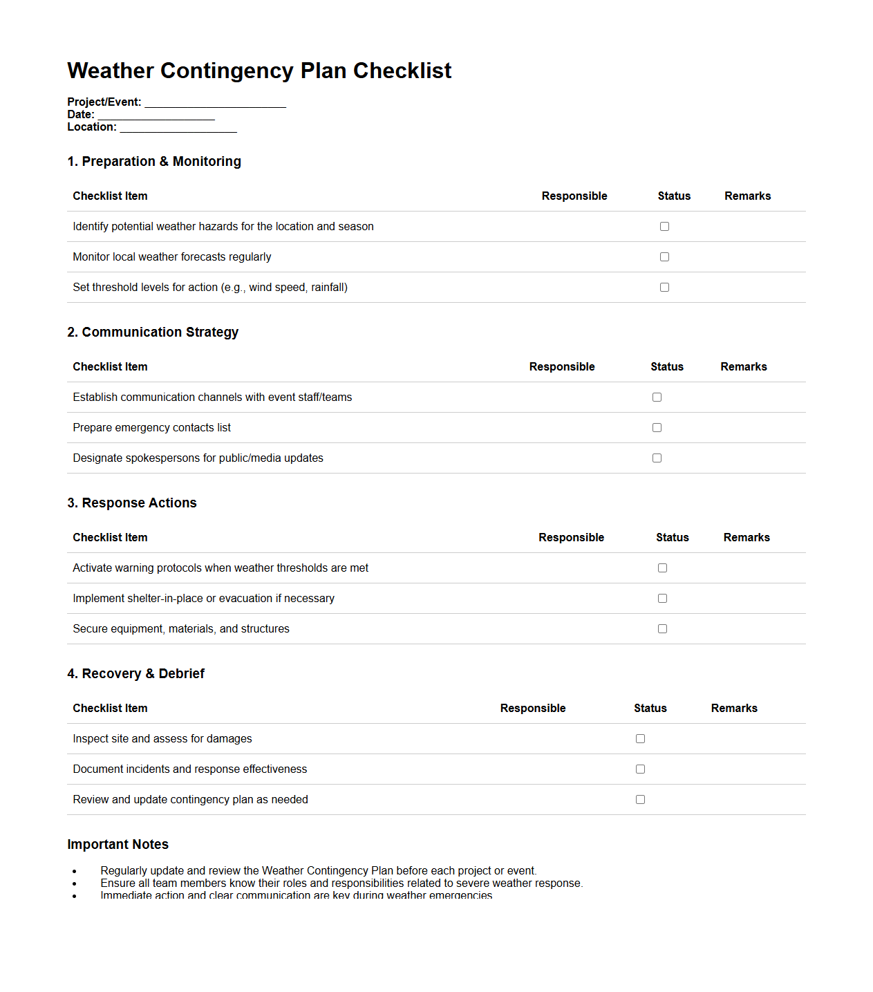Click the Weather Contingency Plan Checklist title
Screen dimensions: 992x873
[x=259, y=71]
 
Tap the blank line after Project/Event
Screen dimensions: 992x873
[x=215, y=103]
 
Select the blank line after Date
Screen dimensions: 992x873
[x=156, y=115]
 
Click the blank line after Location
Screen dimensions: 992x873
[x=178, y=128]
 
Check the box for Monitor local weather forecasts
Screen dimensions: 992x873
[x=664, y=257]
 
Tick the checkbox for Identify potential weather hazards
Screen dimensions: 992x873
[x=664, y=227]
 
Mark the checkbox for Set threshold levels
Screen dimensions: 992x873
[x=664, y=288]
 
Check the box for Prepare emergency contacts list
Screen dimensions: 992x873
[x=657, y=428]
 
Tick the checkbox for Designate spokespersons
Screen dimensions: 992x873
[x=657, y=458]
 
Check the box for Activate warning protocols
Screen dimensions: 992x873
[x=662, y=568]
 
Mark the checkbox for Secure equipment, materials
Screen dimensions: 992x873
[x=662, y=629]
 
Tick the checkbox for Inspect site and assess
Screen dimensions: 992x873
[x=640, y=739]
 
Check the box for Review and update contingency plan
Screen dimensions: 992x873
[x=640, y=800]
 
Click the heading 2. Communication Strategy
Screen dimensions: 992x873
[x=153, y=333]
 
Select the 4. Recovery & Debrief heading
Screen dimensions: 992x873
[x=135, y=674]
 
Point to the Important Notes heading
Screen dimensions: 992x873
[x=118, y=845]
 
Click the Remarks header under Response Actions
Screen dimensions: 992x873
[x=747, y=538]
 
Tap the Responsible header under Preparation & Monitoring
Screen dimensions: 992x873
[x=574, y=196]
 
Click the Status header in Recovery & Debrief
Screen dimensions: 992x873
[x=650, y=709]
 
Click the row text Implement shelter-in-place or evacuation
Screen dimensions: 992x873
[x=203, y=599]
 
